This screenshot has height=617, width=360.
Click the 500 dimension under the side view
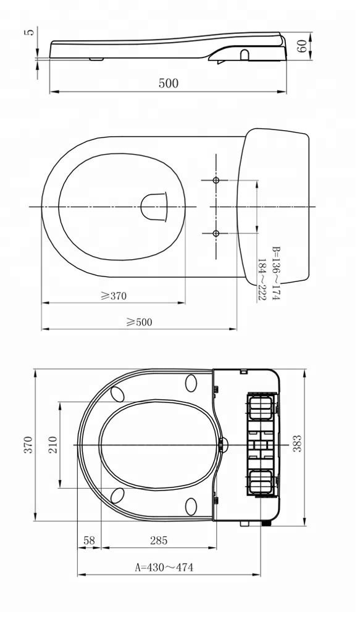168,84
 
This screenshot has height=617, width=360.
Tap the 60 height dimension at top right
303,46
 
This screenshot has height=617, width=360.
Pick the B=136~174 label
276,273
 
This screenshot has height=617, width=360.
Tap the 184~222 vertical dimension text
262,280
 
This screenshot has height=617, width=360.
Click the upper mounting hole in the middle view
216,180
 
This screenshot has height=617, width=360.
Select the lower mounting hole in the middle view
216,233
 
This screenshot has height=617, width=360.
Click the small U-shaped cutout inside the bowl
154,206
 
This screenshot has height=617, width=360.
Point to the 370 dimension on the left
28,445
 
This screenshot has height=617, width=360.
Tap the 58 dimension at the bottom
89,541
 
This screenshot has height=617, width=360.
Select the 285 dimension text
159,541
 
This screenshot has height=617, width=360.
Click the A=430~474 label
164,567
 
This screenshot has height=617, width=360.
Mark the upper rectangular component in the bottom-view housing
259,408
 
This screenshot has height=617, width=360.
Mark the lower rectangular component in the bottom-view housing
259,481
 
